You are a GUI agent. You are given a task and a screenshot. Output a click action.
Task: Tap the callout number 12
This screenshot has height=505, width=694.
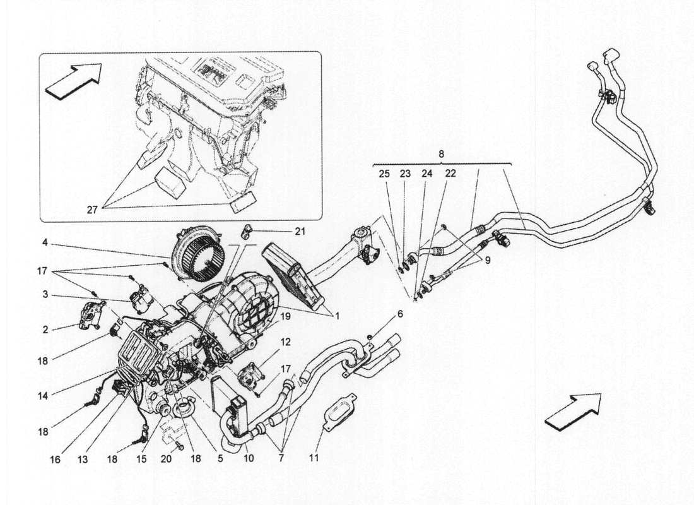pos(285,342)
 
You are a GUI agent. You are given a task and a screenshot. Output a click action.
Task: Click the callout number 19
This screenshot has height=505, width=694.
pos(285,317)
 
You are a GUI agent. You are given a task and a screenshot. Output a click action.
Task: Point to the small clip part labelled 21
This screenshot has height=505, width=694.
pos(247,231)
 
